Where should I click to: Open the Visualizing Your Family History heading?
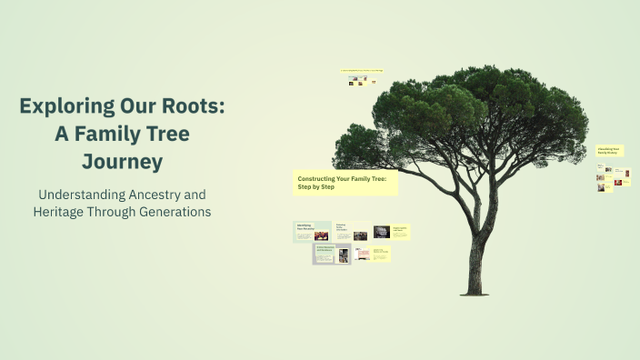[x=609, y=151]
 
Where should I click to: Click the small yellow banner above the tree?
[x=361, y=70]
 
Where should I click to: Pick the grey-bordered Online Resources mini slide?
[x=332, y=254]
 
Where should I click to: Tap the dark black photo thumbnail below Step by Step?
[x=382, y=232]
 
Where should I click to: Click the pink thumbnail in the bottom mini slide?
[x=362, y=255]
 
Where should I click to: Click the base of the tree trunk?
[x=473, y=289]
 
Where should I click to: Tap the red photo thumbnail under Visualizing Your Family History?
[x=617, y=184]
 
